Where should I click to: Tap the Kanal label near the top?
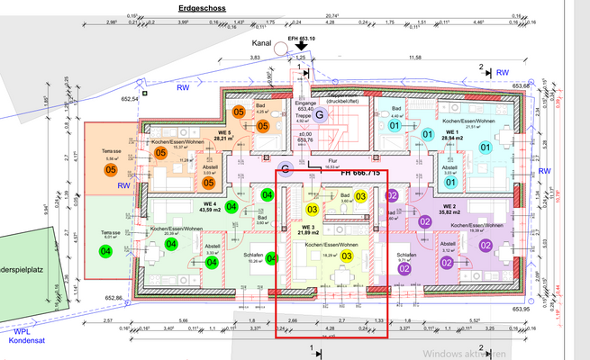262,41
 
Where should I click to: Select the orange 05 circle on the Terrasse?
112,169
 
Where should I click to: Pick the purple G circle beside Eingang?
318,112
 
